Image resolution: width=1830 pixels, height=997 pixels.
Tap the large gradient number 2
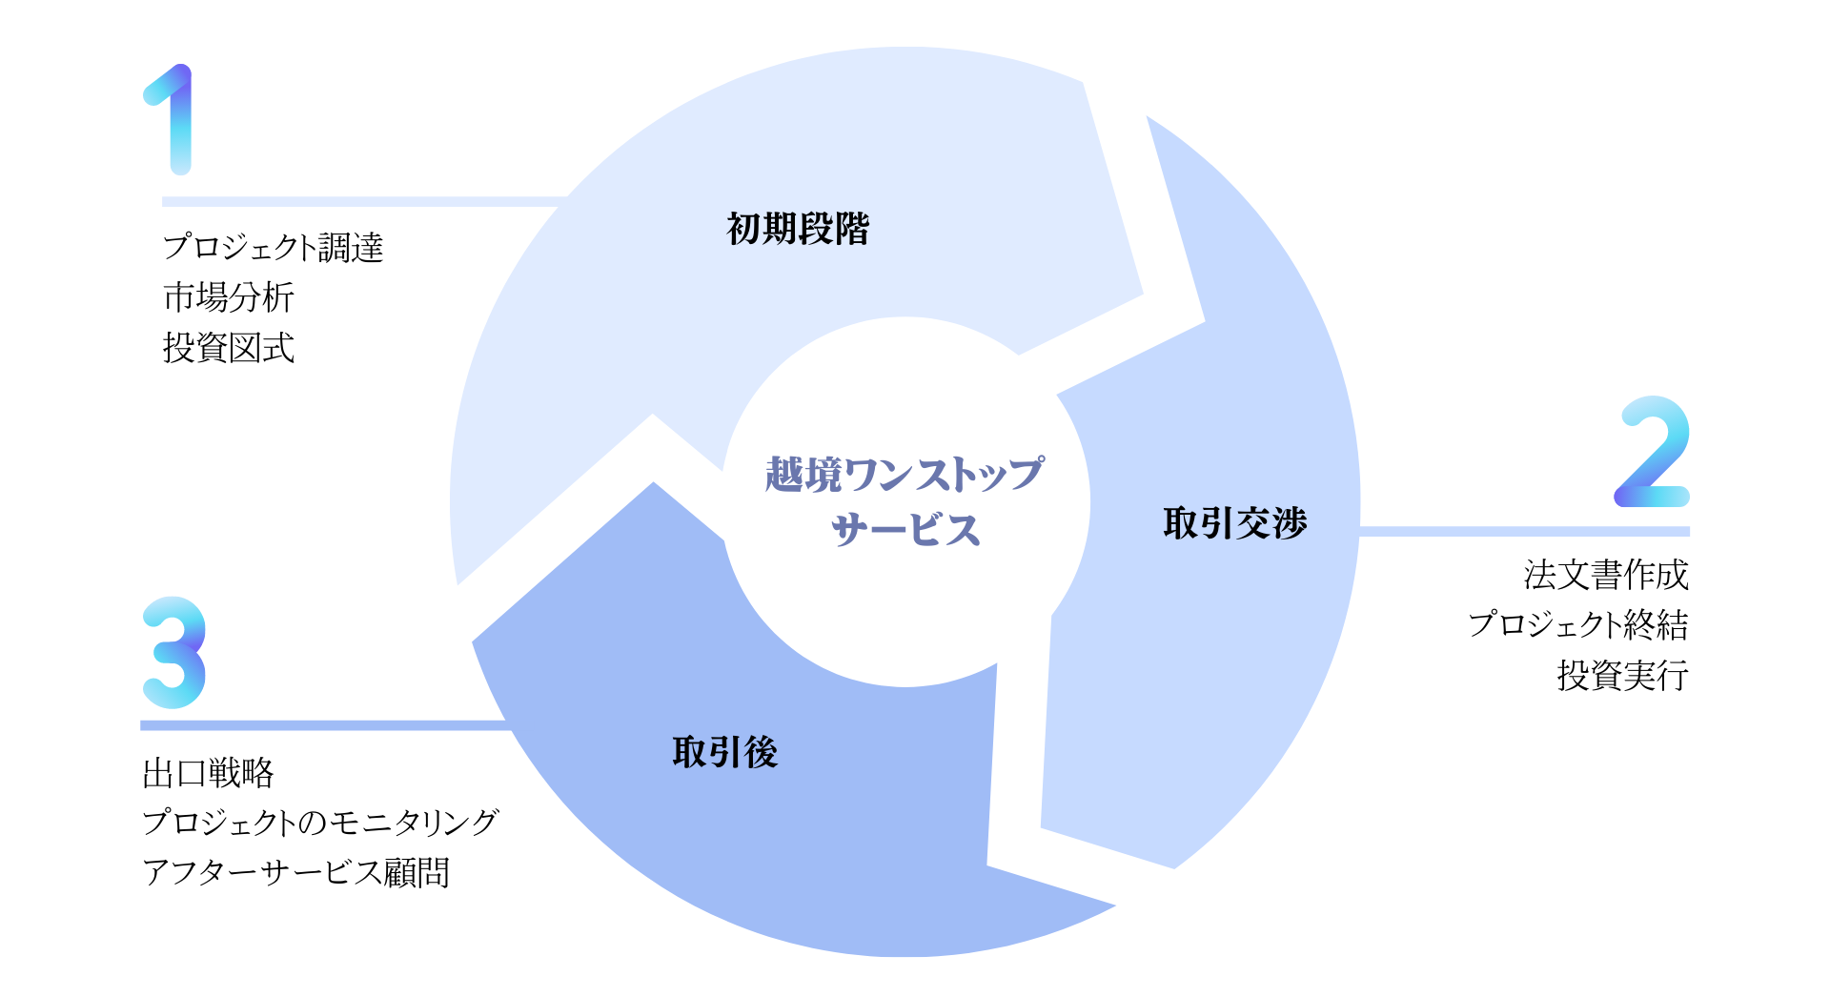click(1653, 452)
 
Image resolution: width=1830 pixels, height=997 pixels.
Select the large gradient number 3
click(173, 652)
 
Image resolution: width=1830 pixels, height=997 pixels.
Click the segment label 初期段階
click(798, 229)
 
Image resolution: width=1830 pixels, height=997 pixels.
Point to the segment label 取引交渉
click(1234, 523)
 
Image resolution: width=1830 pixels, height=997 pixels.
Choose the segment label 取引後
click(725, 752)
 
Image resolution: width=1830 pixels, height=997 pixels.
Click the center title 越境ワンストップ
click(904, 474)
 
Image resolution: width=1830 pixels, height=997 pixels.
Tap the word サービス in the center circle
click(905, 530)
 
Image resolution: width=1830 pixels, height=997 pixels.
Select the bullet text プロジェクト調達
click(273, 247)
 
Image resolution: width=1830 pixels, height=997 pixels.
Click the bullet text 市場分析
click(229, 297)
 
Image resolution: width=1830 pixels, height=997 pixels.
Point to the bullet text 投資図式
click(229, 348)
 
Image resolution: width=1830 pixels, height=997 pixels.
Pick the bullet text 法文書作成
click(1606, 575)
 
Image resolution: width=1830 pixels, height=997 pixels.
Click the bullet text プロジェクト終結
click(1578, 625)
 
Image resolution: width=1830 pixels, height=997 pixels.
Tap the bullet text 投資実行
click(1622, 676)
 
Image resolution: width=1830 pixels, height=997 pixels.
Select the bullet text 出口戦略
click(208, 773)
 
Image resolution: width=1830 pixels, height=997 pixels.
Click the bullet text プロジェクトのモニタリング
click(320, 823)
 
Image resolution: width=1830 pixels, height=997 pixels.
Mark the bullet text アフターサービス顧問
click(295, 872)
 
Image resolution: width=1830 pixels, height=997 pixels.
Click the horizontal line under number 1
click(362, 202)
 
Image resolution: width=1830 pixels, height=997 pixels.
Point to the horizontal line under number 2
click(1525, 531)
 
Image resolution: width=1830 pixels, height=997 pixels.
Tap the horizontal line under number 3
click(324, 725)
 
